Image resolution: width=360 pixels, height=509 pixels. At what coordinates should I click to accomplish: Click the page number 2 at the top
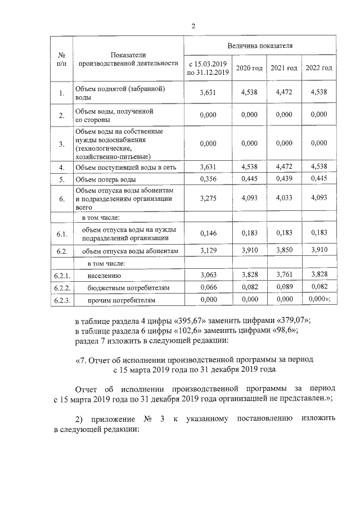click(193, 26)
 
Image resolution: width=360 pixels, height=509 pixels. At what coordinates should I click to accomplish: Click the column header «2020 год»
click(249, 68)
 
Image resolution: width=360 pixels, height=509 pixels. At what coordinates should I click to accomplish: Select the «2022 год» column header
click(319, 68)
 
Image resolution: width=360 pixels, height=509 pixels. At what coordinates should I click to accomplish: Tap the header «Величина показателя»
click(259, 43)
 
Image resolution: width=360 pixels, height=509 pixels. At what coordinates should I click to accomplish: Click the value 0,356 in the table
click(208, 180)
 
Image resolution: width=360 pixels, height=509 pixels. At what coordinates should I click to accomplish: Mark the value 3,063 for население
click(208, 275)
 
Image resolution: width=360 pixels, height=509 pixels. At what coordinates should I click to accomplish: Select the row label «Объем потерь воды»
click(106, 180)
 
